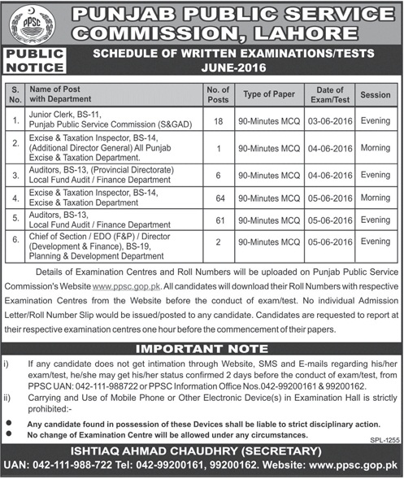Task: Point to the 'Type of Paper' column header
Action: pos(268,95)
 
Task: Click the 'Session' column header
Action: pos(376,95)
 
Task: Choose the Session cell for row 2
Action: pos(376,146)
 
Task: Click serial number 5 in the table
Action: pos(15,219)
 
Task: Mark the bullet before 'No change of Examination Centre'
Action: pos(10,435)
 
